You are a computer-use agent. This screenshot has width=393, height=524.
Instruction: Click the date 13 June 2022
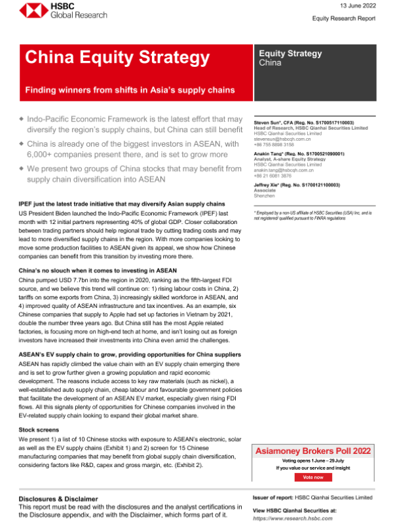pyautogui.click(x=359, y=5)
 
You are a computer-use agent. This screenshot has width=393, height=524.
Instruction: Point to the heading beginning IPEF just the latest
pyautogui.click(x=122, y=204)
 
